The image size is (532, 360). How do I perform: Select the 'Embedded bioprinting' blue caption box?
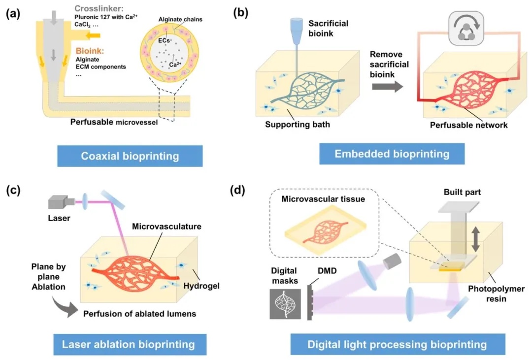click(392, 154)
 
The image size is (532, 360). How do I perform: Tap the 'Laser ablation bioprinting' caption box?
click(128, 343)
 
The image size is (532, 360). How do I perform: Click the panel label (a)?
click(13, 14)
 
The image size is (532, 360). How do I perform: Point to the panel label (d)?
click(240, 189)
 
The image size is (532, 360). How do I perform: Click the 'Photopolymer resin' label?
click(501, 294)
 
